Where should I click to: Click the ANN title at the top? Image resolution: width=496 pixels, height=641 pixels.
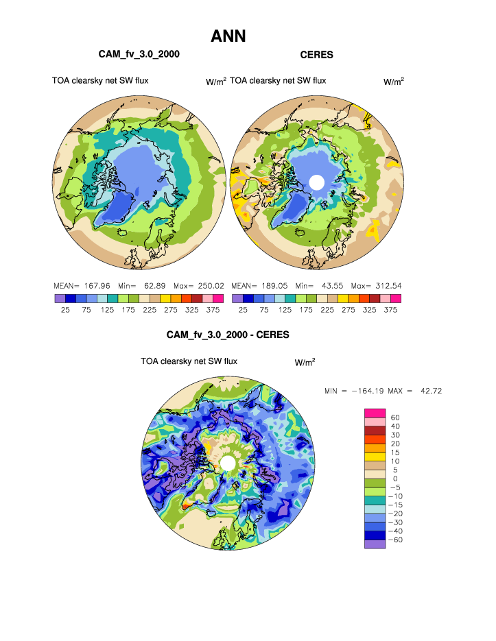click(x=228, y=36)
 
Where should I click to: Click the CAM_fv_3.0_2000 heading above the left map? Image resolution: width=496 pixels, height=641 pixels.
click(x=140, y=54)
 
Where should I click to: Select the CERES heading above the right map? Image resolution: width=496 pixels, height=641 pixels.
click(x=316, y=54)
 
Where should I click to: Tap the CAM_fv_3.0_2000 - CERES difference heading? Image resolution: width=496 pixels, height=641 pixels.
click(x=228, y=335)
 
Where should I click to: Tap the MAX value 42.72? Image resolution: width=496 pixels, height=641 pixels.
click(x=427, y=391)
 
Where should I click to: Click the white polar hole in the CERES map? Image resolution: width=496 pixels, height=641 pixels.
click(x=316, y=182)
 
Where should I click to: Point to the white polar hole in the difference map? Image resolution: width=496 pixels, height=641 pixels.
click(x=228, y=464)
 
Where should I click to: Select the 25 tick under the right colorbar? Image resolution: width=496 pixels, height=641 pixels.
click(x=243, y=309)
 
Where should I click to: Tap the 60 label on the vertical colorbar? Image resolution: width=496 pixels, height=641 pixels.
click(x=395, y=417)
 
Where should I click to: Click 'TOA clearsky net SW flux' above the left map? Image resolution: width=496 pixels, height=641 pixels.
click(x=100, y=81)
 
